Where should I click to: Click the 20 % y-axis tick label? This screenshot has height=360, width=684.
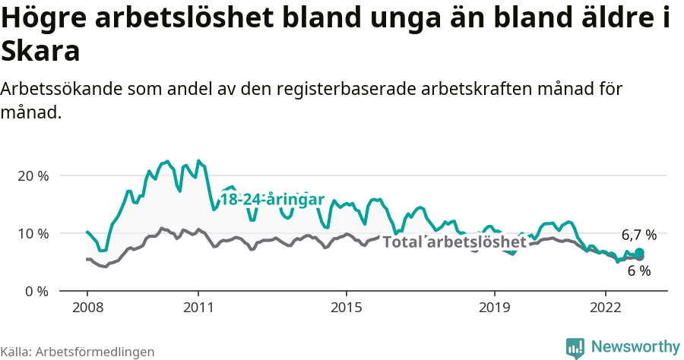(33, 175)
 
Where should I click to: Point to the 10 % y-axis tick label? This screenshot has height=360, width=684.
(33, 233)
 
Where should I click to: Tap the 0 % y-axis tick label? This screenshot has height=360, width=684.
(36, 291)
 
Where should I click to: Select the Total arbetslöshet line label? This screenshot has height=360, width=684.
(454, 242)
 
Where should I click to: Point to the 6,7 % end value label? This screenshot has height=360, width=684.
(638, 235)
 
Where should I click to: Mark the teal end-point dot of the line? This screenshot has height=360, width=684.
(639, 253)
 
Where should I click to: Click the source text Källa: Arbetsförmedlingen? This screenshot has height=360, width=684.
(78, 352)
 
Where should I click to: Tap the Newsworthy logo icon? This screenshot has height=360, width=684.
(575, 347)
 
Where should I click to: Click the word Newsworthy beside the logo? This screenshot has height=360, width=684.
(635, 347)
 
